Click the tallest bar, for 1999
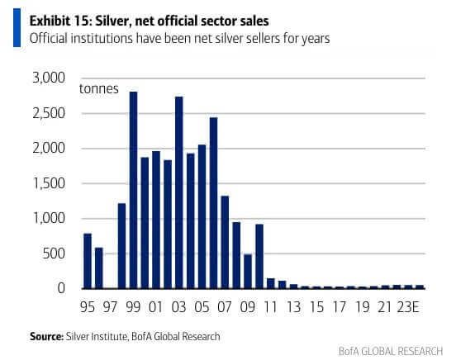click(133, 190)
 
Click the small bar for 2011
click(270, 283)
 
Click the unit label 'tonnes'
click(97, 89)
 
